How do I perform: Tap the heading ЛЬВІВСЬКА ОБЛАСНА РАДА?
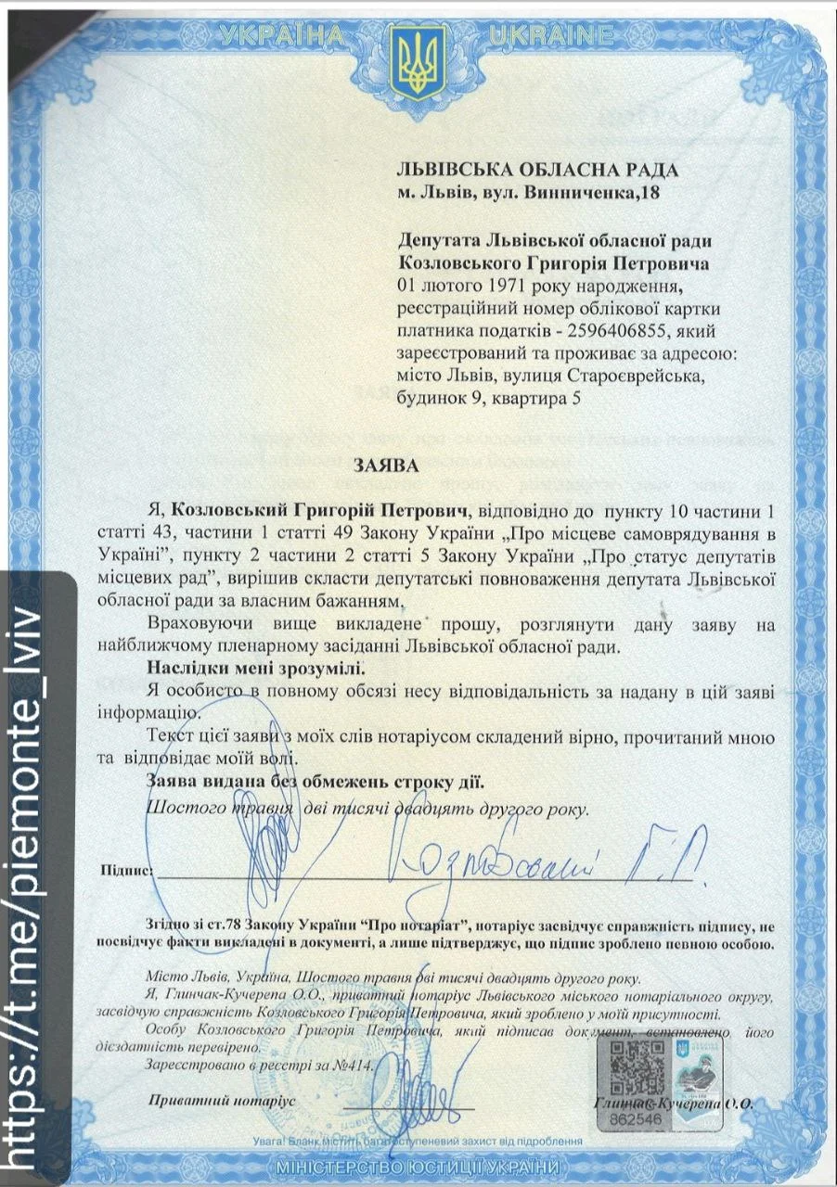tap(537, 170)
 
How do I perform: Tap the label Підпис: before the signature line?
tap(126, 871)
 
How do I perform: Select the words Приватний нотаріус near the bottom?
tap(220, 1100)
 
